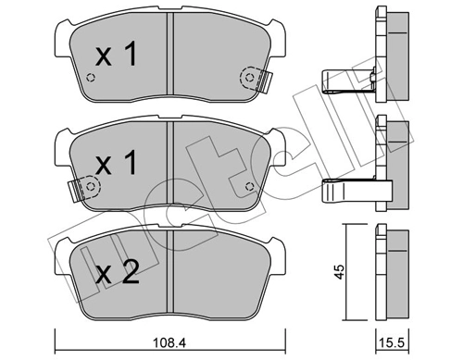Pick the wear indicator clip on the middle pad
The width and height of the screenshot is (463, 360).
pos(86,189)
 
